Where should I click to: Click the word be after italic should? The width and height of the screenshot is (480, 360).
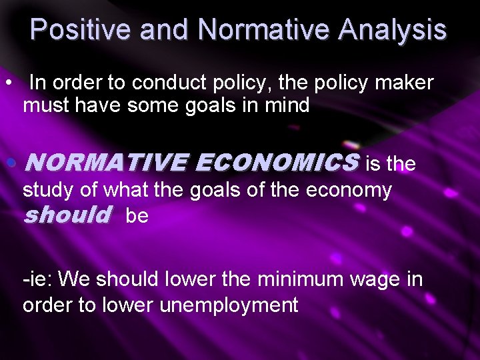click(x=137, y=217)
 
